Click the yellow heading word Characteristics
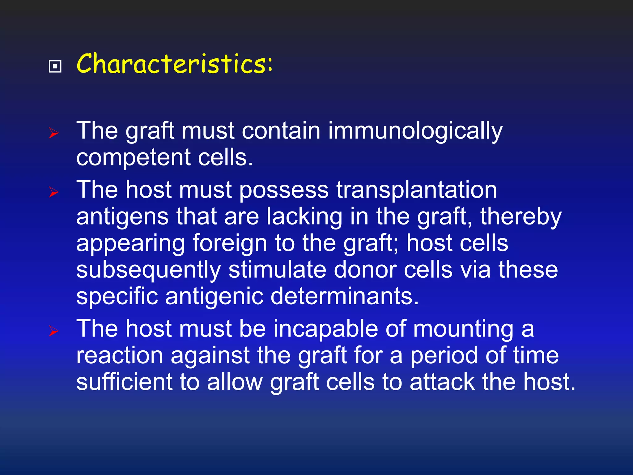174,64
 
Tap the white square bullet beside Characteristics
55,66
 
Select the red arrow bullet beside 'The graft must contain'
54,133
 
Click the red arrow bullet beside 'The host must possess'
54,192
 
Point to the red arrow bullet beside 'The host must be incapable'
54,331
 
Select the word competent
133,158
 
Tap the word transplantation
417,190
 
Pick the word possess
284,190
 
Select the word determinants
344,296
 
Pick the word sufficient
124,382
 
